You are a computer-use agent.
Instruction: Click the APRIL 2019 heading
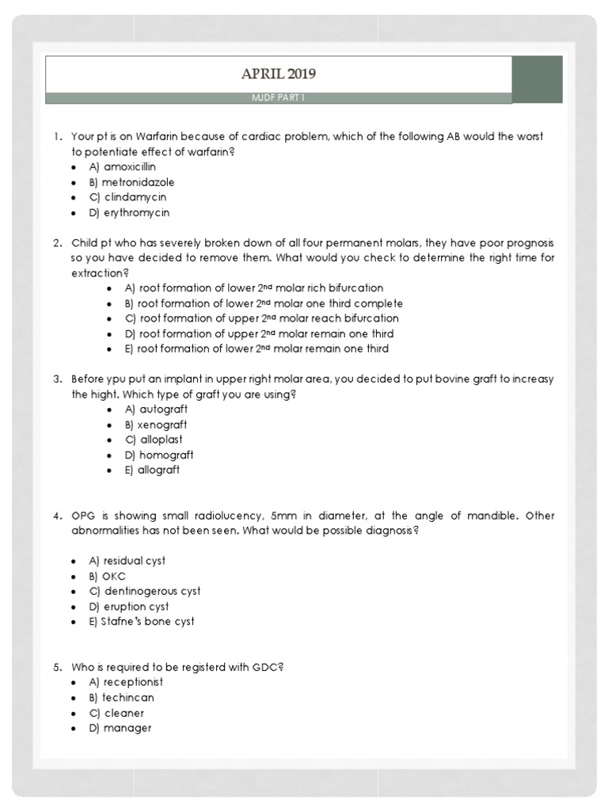(x=278, y=74)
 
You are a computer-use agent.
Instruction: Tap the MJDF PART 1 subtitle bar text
(x=278, y=97)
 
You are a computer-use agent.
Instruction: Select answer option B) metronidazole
(x=131, y=182)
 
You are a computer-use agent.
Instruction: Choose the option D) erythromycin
(x=129, y=212)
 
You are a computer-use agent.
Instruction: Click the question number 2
(x=58, y=242)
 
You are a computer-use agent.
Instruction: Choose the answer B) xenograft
(x=156, y=425)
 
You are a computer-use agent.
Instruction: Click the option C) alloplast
(x=155, y=440)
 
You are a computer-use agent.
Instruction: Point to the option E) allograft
(x=152, y=470)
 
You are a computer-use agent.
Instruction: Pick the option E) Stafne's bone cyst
(x=142, y=621)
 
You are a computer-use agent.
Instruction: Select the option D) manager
(x=120, y=728)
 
